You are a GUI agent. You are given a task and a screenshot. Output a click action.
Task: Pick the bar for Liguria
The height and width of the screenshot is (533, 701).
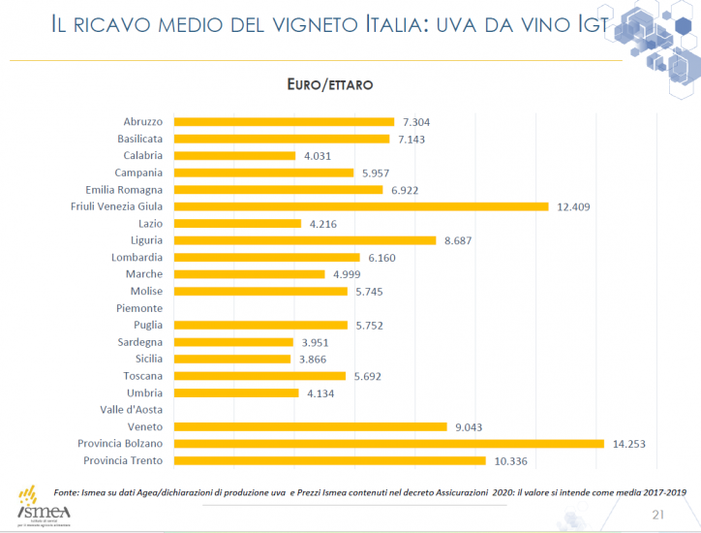[304, 240]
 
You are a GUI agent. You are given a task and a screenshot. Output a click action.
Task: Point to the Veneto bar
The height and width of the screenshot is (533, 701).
[309, 426]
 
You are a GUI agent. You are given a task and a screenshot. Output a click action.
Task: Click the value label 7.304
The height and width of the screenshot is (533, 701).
[415, 122]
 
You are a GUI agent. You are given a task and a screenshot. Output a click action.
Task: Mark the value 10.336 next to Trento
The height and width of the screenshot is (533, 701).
[508, 460]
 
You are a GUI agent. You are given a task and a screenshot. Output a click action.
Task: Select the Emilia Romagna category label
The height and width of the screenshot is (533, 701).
[124, 190]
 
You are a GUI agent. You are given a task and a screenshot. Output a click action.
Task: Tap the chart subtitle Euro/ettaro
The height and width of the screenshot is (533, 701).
[330, 85]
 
